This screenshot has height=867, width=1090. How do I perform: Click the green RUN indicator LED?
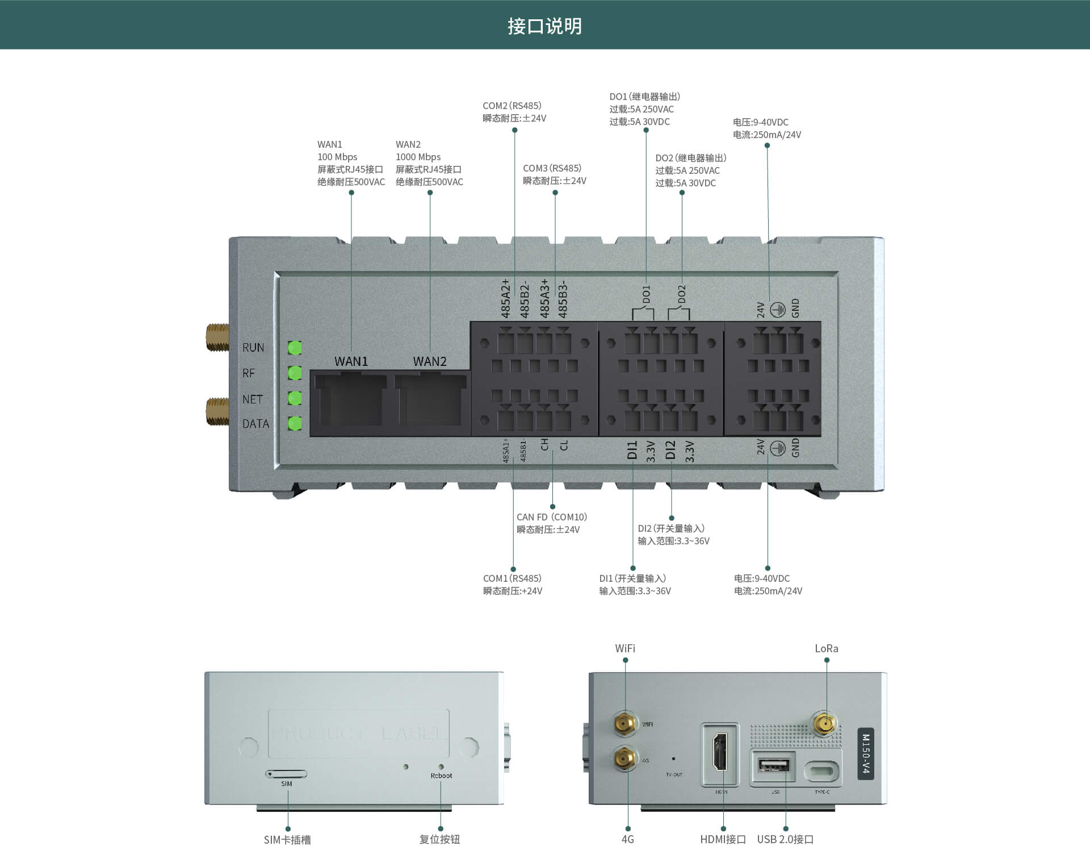295,347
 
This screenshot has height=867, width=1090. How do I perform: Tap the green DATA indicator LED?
295,423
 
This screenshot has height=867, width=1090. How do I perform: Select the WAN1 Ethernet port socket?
350,401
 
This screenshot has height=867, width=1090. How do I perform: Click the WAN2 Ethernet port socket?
430,401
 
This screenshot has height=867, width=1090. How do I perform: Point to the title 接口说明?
544,26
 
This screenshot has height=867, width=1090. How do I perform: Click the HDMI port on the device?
720,752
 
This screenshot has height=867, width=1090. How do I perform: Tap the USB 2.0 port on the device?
773,766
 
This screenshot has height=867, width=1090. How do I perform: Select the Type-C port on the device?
822,771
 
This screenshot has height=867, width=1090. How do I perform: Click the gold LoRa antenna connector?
824,724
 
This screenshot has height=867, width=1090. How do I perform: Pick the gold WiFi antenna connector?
624,724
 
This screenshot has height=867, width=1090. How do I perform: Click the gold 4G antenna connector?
624,758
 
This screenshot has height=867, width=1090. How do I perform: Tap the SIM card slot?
286,774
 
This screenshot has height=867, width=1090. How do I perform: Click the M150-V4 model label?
865,753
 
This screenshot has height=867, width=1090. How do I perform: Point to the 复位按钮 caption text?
439,839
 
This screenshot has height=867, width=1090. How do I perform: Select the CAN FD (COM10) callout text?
551,517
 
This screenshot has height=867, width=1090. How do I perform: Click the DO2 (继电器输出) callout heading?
690,158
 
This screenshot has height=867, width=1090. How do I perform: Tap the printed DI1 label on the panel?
632,449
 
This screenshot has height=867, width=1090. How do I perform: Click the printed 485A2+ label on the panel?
505,298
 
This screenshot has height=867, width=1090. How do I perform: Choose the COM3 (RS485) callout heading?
552,168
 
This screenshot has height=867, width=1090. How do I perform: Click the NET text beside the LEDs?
253,399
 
